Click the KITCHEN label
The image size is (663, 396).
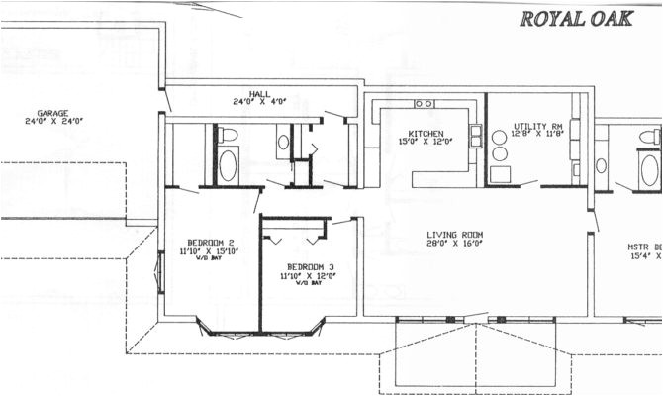coord(426,134)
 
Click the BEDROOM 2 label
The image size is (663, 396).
coord(210,242)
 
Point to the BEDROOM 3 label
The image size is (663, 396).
coord(310,267)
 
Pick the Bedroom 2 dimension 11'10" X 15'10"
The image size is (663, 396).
coord(210,251)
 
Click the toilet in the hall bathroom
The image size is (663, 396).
coord(228,135)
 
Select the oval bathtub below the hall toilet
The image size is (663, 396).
coord(228,164)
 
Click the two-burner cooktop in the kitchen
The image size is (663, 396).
coord(425,103)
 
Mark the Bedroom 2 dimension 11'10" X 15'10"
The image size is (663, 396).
coord(210,251)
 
